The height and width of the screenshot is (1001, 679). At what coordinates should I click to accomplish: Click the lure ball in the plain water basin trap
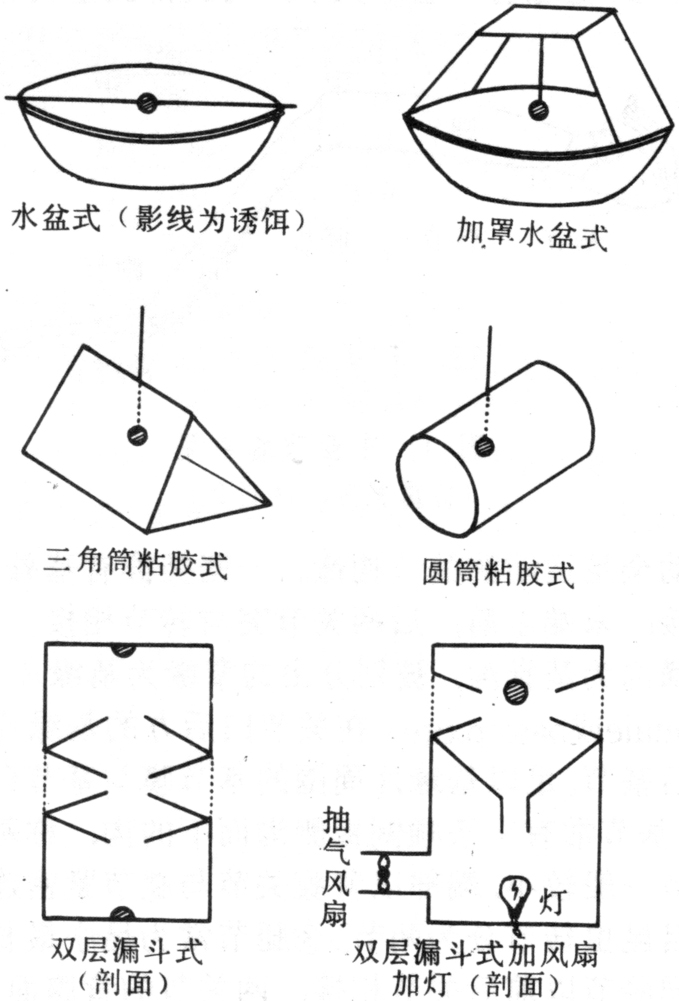click(x=147, y=103)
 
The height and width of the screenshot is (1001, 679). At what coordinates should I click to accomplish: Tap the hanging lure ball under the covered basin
click(x=539, y=110)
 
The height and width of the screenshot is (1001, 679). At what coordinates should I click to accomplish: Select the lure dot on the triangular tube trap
click(x=137, y=435)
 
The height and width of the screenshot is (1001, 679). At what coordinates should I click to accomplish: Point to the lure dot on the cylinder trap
click(x=485, y=446)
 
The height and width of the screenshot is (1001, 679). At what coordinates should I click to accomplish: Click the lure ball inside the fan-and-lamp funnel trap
click(x=516, y=692)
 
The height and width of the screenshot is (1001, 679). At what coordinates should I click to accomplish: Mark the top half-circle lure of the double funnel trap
click(x=123, y=650)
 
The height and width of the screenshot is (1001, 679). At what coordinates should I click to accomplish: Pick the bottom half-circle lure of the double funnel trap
click(x=123, y=913)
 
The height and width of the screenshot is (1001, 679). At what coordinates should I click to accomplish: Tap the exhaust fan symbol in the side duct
click(x=384, y=872)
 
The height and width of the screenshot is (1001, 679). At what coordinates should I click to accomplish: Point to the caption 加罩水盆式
click(x=532, y=233)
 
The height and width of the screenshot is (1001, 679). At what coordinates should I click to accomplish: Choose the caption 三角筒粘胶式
click(x=135, y=563)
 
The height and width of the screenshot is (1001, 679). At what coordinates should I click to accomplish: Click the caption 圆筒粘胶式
click(x=498, y=572)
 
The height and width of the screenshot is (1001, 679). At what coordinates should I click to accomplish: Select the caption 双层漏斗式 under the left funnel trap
click(x=127, y=951)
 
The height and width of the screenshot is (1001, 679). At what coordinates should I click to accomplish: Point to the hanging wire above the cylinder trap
click(x=489, y=359)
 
